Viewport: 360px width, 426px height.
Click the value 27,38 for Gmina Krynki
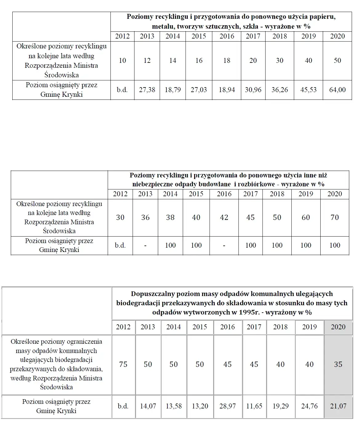(147, 90)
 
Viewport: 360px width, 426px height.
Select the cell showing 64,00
(337, 90)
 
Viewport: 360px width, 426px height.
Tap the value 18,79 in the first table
(173, 90)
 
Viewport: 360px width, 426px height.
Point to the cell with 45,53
(308, 90)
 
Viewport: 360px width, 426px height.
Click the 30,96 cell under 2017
(253, 90)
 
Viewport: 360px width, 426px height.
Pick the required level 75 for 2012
(123, 364)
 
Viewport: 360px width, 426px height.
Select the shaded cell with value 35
(338, 364)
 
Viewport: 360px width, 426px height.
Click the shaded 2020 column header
(338, 327)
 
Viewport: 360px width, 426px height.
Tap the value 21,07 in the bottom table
(338, 406)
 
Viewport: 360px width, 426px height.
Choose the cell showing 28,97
(227, 406)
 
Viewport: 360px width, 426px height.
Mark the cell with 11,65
(254, 406)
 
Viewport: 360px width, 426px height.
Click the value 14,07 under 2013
(148, 406)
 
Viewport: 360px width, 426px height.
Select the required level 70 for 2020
(334, 217)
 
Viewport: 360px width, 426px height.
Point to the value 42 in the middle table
(224, 217)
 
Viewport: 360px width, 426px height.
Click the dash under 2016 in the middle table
(224, 245)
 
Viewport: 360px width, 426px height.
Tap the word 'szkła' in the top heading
(251, 26)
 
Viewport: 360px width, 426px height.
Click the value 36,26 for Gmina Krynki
(279, 90)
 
